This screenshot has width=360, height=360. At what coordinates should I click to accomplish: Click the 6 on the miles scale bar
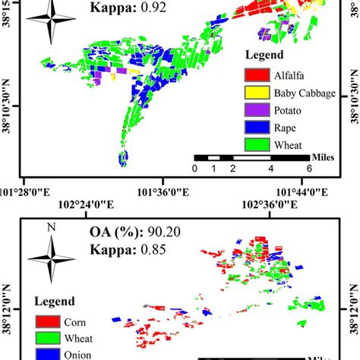308,168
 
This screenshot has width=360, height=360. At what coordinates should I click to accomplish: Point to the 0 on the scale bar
195,168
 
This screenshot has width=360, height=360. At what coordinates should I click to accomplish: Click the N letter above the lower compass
51,226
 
